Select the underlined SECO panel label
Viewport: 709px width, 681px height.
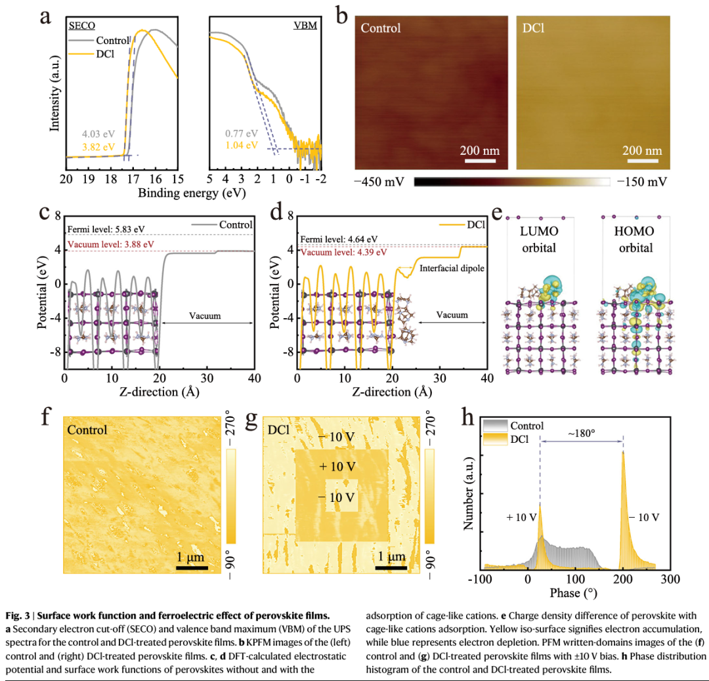click(82, 26)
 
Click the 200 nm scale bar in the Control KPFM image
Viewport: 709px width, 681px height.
click(479, 158)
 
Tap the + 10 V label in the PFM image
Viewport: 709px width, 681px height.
click(337, 466)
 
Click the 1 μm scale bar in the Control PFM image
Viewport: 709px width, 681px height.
click(192, 567)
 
